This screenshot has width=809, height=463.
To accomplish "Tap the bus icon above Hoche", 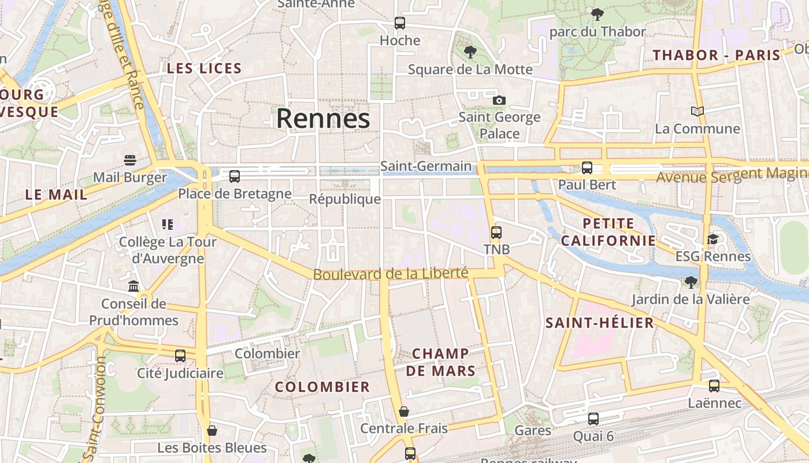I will pyautogui.click(x=400, y=23).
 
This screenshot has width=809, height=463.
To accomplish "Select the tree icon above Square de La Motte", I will pyautogui.click(x=470, y=52).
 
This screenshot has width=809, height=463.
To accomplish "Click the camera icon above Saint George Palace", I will pyautogui.click(x=499, y=100).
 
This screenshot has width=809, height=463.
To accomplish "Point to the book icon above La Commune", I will pyautogui.click(x=697, y=111).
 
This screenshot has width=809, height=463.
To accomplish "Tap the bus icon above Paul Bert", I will pyautogui.click(x=587, y=168).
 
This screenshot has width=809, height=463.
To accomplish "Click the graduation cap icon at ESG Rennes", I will pyautogui.click(x=712, y=239).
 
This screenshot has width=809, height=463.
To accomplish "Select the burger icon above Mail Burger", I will pyautogui.click(x=130, y=160).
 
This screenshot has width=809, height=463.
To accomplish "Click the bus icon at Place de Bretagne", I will pyautogui.click(x=235, y=177).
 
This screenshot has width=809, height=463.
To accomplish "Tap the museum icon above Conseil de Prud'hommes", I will pyautogui.click(x=133, y=286).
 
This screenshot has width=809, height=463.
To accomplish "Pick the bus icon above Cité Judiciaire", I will pyautogui.click(x=180, y=356).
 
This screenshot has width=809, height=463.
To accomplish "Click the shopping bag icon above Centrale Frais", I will pyautogui.click(x=404, y=411).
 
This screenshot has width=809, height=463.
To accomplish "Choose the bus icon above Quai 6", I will pyautogui.click(x=593, y=419).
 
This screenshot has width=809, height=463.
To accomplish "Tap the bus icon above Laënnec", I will pyautogui.click(x=714, y=386).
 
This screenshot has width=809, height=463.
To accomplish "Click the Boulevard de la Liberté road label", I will pyautogui.click(x=390, y=273).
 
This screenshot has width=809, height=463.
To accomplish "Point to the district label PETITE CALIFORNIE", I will pyautogui.click(x=608, y=231).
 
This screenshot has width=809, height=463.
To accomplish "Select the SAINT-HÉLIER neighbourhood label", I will pyautogui.click(x=600, y=323).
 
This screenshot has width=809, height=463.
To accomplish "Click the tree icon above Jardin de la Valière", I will pyautogui.click(x=690, y=282).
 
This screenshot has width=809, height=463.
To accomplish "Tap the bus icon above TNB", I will pyautogui.click(x=496, y=233).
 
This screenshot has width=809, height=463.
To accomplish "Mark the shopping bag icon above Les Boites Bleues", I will pyautogui.click(x=212, y=431).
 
